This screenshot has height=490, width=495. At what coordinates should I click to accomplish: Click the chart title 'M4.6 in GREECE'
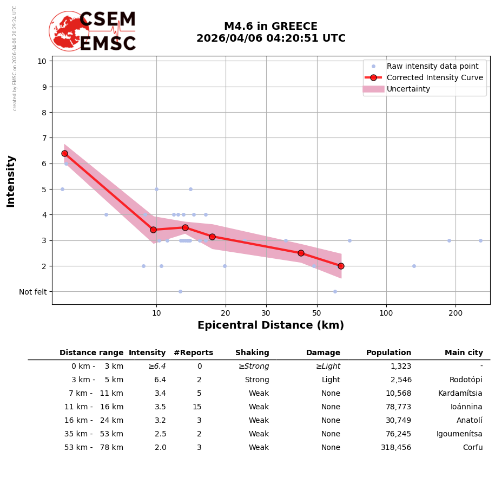coord(270,27)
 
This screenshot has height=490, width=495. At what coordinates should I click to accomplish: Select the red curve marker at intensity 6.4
coord(64,153)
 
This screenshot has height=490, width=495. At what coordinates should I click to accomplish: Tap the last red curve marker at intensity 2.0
coord(341,266)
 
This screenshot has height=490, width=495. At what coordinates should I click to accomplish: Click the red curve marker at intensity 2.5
coord(301,253)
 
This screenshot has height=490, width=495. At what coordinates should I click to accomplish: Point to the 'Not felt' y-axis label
coord(33,292)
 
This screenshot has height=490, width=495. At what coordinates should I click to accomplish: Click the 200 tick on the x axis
coord(456,312)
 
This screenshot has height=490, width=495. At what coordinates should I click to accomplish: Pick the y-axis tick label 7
coord(42,138)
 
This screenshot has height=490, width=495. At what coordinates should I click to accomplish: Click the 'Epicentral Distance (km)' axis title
coord(270,325)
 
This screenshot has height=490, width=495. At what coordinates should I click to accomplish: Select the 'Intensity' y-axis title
coord(11,181)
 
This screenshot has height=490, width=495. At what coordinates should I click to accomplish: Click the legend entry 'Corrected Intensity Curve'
coord(434,77)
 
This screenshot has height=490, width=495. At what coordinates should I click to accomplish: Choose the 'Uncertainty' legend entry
coord(408,89)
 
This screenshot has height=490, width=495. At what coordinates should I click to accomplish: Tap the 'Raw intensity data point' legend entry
coord(432,66)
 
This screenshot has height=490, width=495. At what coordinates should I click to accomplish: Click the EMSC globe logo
coord(69,31)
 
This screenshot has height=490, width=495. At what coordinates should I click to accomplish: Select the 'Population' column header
coord(388,353)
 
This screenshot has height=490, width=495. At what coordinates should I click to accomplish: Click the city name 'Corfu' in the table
coord(472,448)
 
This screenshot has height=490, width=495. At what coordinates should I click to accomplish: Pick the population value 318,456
coord(396,448)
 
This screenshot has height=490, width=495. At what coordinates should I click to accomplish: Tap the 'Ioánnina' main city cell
coord(466,407)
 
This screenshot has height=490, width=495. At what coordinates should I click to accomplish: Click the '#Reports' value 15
coord(197,407)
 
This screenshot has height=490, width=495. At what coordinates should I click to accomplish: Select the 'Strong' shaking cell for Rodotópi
coord(257,380)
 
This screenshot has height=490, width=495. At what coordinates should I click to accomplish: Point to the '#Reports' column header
coord(193,353)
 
